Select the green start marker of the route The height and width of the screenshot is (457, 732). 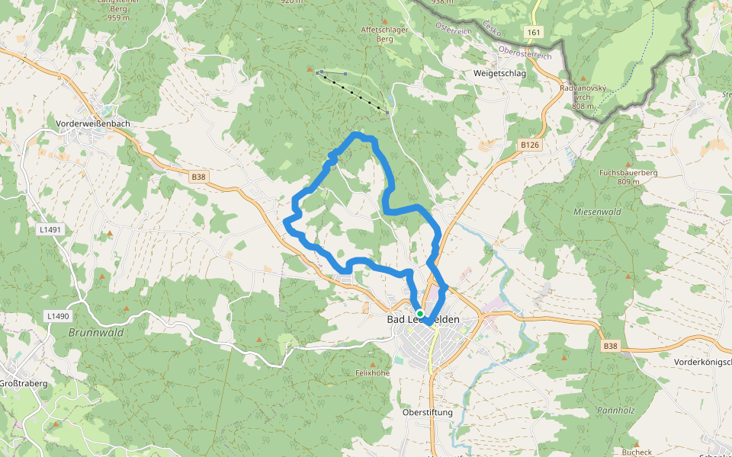click(420, 313)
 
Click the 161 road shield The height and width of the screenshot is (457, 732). click(533, 32)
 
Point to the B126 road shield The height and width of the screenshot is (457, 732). click(529, 145)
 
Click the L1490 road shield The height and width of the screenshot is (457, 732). click(57, 316)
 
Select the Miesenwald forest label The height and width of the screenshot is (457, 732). click(598, 211)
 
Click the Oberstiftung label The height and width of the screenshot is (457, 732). click(427, 412)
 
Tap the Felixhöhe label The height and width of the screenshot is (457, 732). click(372, 373)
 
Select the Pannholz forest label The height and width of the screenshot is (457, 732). click(616, 410)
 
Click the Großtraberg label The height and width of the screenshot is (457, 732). click(23, 383)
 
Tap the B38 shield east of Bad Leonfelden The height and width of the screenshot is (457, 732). click(610, 347)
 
